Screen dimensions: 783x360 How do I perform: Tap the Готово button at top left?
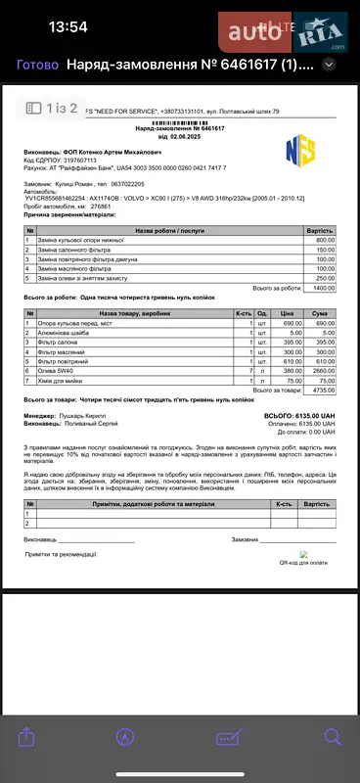pyautogui.click(x=38, y=65)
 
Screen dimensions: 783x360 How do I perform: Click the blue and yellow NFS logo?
pyautogui.click(x=298, y=150)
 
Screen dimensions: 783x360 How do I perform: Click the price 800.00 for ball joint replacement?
pyautogui.click(x=325, y=240)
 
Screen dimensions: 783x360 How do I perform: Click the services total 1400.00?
pyautogui.click(x=324, y=288)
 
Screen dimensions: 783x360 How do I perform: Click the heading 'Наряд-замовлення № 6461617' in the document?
pyautogui.click(x=179, y=128)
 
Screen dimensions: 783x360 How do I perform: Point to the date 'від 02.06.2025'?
pyautogui.click(x=179, y=137)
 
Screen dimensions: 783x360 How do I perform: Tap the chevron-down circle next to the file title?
pyautogui.click(x=330, y=65)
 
